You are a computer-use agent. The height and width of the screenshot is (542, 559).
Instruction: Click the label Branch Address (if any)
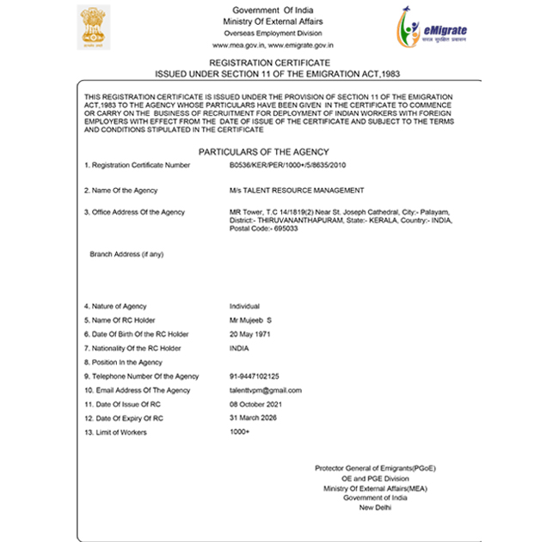(126, 254)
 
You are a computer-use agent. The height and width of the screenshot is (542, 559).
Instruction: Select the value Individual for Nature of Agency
(244, 307)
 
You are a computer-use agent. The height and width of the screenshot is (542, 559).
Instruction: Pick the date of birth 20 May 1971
(250, 334)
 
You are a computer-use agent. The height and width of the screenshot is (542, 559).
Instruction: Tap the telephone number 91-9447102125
(254, 376)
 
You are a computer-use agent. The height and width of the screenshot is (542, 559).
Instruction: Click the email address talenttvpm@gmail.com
(266, 390)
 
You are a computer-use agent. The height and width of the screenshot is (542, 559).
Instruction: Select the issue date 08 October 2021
(257, 404)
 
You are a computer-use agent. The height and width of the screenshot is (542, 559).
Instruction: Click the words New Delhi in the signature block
(375, 508)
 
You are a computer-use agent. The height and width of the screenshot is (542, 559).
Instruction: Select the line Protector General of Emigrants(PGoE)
(375, 468)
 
